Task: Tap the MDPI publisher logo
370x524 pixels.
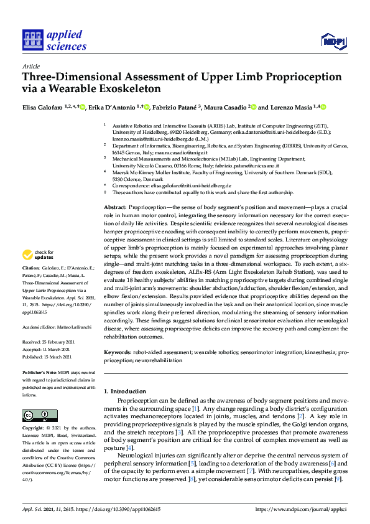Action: [x=333, y=42]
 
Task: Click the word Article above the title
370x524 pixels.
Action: [x=30, y=65]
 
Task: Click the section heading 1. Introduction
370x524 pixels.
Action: [x=124, y=391]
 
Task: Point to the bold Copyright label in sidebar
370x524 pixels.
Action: [x=35, y=429]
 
